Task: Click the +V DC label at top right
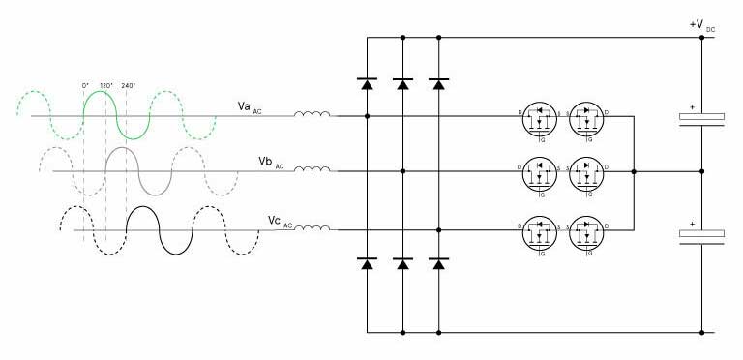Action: click(699, 25)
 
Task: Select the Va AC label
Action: click(249, 105)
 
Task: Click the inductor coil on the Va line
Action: click(312, 115)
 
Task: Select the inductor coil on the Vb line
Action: click(312, 171)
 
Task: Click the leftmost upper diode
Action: click(367, 83)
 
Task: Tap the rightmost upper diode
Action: click(439, 83)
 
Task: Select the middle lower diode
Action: click(402, 262)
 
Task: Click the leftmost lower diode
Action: click(367, 262)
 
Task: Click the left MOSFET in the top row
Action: click(541, 116)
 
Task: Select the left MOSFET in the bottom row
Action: click(541, 230)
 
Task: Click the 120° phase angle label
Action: click(106, 85)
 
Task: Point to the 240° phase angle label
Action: click(128, 85)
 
